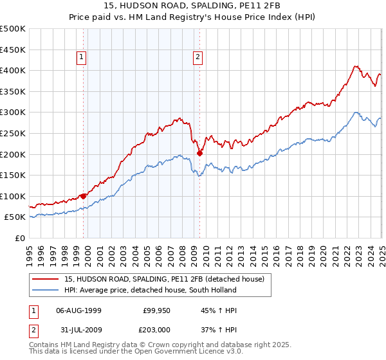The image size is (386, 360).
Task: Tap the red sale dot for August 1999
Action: [x=83, y=196]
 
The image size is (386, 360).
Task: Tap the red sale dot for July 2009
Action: [x=200, y=152]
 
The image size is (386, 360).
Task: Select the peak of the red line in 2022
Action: [x=355, y=66]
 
